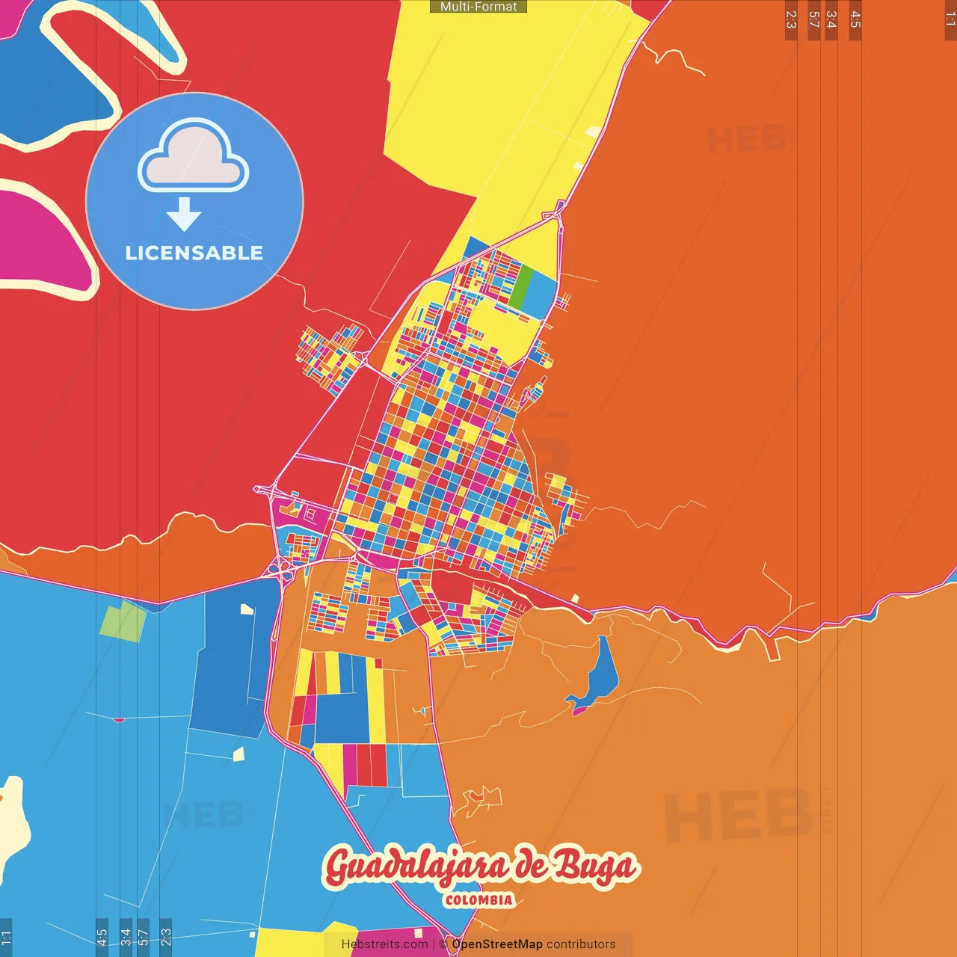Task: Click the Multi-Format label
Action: click(478, 7)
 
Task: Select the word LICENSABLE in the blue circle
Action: click(194, 253)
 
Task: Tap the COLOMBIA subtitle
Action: click(478, 900)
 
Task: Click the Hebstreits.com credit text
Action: click(384, 944)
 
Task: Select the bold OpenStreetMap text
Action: click(497, 944)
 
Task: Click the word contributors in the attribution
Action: click(581, 944)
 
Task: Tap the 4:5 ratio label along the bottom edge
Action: click(102, 937)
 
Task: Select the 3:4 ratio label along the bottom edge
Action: click(126, 937)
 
